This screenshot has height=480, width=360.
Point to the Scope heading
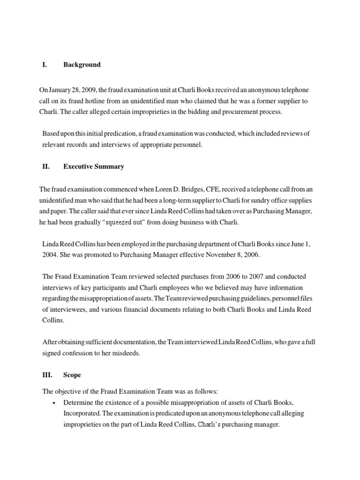coord(72,375)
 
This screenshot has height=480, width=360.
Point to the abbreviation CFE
coord(213,189)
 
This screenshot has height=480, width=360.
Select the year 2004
coord(51,255)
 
